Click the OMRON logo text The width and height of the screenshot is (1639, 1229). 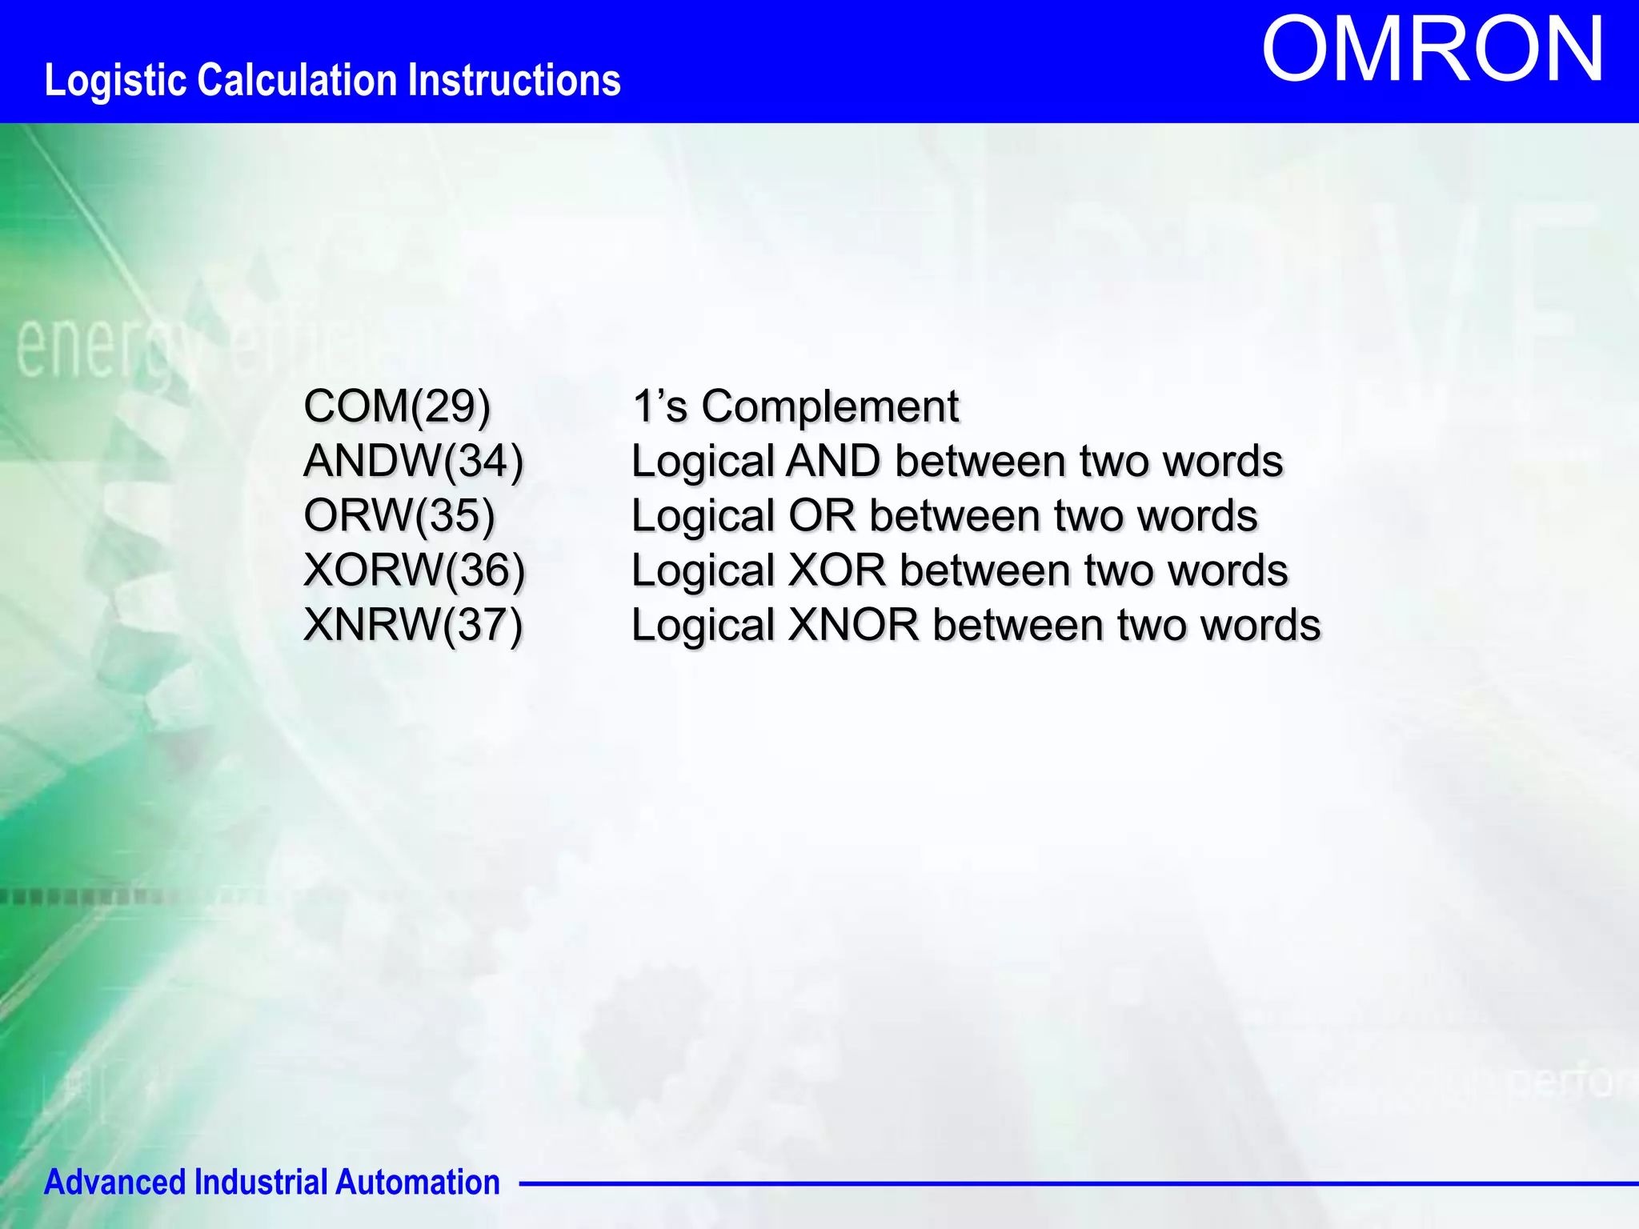(1433, 50)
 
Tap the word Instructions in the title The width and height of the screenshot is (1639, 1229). (515, 81)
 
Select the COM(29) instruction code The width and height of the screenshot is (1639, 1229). (397, 406)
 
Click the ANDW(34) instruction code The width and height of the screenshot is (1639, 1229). (414, 461)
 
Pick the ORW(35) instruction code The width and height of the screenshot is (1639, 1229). (399, 515)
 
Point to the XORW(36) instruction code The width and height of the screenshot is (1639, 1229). (414, 570)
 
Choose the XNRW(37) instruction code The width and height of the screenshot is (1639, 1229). (413, 624)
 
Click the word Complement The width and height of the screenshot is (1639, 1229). (830, 406)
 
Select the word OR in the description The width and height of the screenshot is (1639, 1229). (822, 516)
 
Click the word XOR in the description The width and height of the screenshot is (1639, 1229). (837, 570)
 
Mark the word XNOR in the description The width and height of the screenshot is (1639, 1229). (853, 625)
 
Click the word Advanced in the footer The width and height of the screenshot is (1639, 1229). (114, 1183)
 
